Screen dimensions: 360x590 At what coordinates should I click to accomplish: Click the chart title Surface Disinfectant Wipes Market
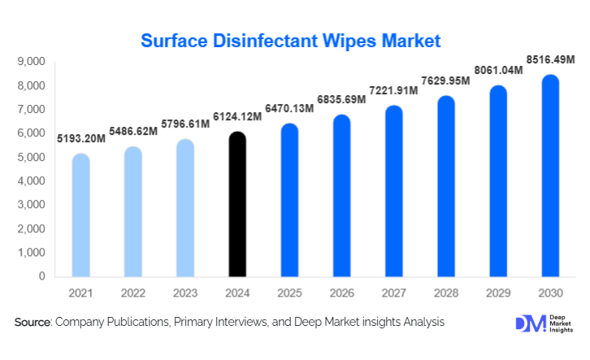pyautogui.click(x=290, y=40)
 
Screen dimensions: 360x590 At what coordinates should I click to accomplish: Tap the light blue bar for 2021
pyautogui.click(x=81, y=215)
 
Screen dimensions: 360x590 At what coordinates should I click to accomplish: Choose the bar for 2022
pyautogui.click(x=133, y=211)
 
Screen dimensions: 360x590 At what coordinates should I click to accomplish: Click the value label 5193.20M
pyautogui.click(x=81, y=139)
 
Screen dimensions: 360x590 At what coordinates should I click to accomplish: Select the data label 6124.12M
pyautogui.click(x=236, y=117)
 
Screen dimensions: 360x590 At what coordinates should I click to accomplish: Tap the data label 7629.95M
pyautogui.click(x=445, y=81)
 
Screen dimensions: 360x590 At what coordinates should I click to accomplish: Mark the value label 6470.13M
pyautogui.click(x=288, y=107)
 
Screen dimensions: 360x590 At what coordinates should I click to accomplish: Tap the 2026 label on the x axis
pyautogui.click(x=341, y=293)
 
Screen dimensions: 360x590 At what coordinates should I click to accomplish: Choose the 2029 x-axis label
pyautogui.click(x=498, y=293)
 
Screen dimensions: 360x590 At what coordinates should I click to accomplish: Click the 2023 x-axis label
pyautogui.click(x=185, y=293)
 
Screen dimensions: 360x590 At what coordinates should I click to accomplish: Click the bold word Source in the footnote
pyautogui.click(x=33, y=323)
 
